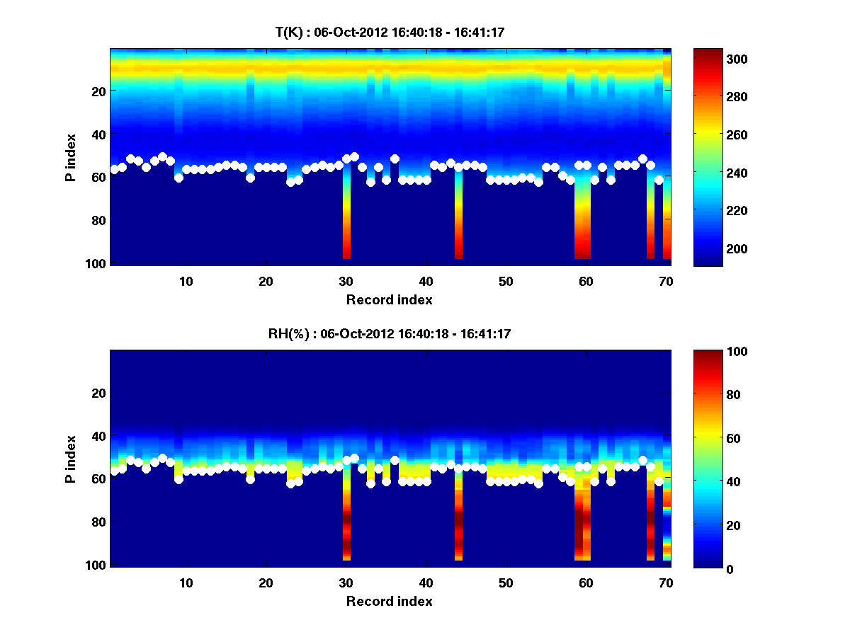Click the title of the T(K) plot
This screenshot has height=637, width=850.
pos(390,32)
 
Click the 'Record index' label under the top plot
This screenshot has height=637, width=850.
pos(389,299)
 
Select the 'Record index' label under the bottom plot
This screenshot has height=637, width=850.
pos(389,601)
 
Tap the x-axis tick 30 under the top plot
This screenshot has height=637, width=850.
pos(346,281)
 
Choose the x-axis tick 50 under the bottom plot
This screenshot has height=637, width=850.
pos(506,583)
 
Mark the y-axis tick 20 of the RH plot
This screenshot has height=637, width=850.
pos(100,393)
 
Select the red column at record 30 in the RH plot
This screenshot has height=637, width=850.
pos(346,524)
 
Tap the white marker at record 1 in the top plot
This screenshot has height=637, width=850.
pos(114,170)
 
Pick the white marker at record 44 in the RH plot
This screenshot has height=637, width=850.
pos(458,468)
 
